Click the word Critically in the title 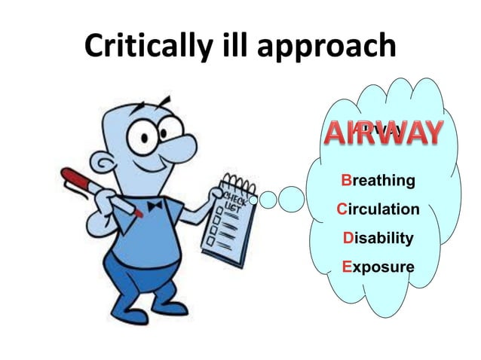pos(144,47)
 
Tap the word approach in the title pos(324,47)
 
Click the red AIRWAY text pos(382,134)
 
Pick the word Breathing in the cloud pos(378,181)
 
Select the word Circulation pos(378,209)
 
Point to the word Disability pos(378,238)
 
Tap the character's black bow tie pos(155,206)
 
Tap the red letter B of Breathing pos(346,181)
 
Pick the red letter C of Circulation pos(342,209)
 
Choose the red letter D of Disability pos(348,238)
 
